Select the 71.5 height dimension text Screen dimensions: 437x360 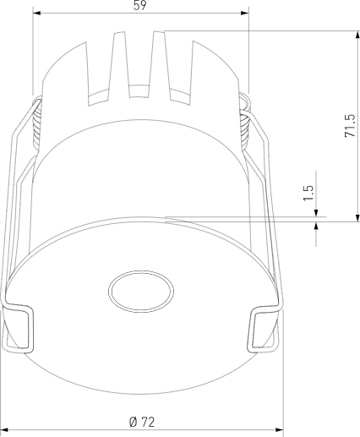[x=349, y=126]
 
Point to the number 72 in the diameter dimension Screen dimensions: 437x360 [x=147, y=421]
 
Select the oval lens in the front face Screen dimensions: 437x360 [x=140, y=291]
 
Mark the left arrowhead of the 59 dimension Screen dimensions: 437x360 [x=36, y=14]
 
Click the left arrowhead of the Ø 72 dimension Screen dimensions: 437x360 [x=5, y=429]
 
